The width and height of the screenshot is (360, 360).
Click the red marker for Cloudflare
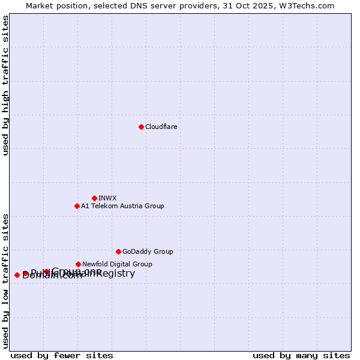tap(141, 127)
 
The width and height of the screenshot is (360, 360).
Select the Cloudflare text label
tap(161, 127)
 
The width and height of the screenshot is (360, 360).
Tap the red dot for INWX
tap(94, 198)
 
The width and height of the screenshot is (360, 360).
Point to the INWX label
tap(107, 198)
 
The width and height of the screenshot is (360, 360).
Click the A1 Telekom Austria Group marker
tap(77, 206)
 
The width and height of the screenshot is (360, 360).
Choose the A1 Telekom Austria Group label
tap(122, 206)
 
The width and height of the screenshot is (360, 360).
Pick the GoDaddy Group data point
tap(118, 251)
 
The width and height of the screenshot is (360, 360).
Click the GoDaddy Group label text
tap(148, 251)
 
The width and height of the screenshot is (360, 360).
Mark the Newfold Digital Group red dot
tap(78, 264)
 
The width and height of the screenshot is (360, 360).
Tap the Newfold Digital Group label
tap(117, 264)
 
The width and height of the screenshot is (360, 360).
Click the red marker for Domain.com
tap(17, 275)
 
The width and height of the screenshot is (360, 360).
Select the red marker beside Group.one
tap(46, 271)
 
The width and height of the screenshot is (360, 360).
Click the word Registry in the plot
tap(115, 274)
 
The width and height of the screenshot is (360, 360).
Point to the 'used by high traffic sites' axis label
tap(6, 85)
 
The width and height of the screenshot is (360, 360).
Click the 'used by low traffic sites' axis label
tap(6, 280)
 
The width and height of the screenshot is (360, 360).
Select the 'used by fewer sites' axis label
tap(62, 355)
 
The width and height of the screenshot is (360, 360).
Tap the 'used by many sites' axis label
tap(301, 355)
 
